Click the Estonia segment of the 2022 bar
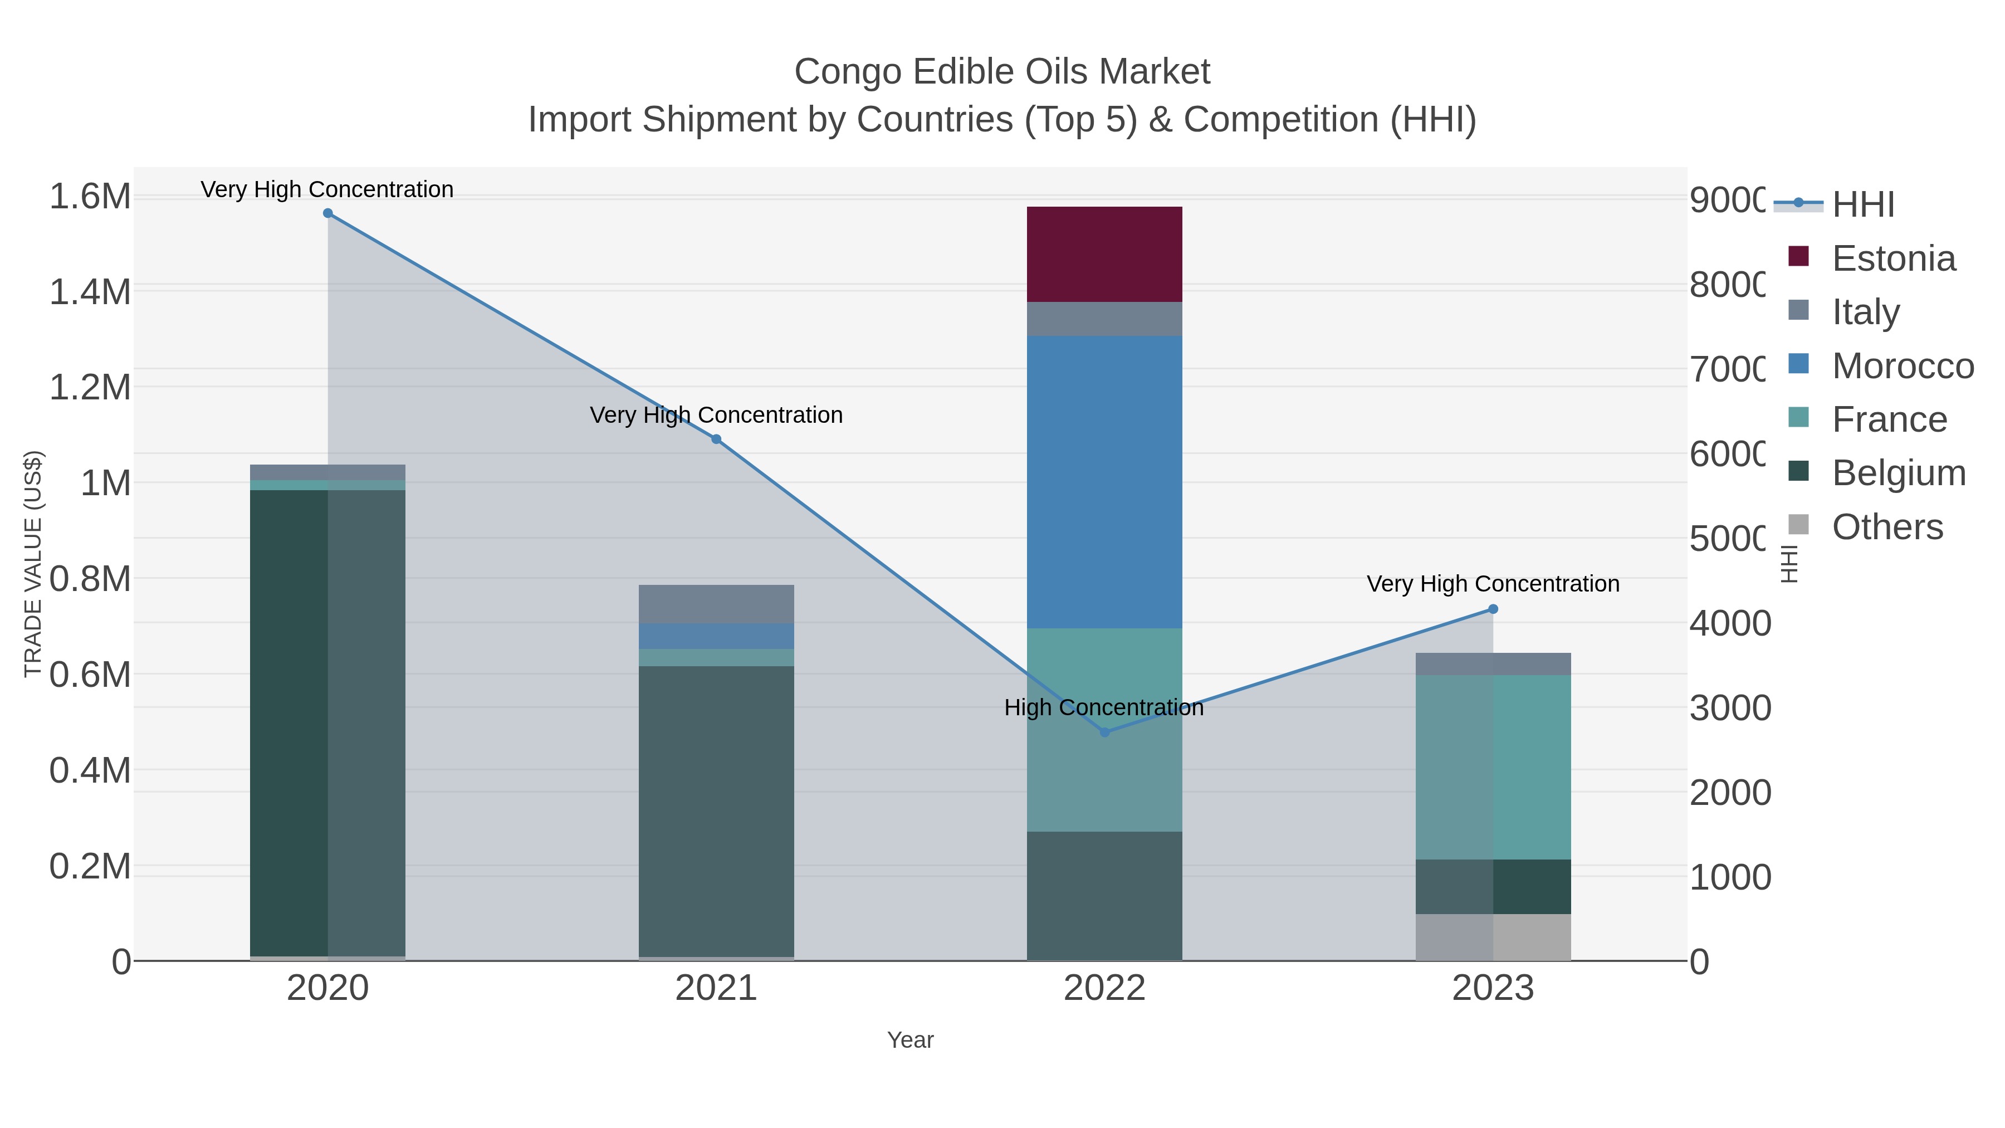click(x=1104, y=254)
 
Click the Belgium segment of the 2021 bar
click(x=716, y=809)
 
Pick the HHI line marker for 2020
click(x=327, y=213)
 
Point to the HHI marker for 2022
click(x=1104, y=732)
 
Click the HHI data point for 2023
click(x=1492, y=609)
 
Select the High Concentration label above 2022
click(x=1104, y=707)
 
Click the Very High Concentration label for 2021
click(x=716, y=415)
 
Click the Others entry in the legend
click(x=1887, y=527)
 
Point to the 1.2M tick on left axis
click(x=90, y=387)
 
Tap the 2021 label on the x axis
click(x=716, y=988)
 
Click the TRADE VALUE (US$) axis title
click(x=33, y=564)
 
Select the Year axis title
click(x=910, y=1039)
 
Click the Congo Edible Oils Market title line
click(x=1002, y=72)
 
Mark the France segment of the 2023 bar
click(x=1492, y=767)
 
